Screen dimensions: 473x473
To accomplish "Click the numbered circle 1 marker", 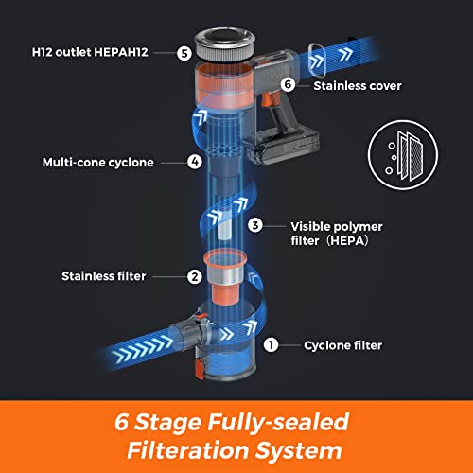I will pos(271,345).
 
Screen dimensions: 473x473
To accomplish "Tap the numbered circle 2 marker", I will pos(194,277).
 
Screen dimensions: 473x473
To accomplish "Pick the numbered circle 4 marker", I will pos(194,162).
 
